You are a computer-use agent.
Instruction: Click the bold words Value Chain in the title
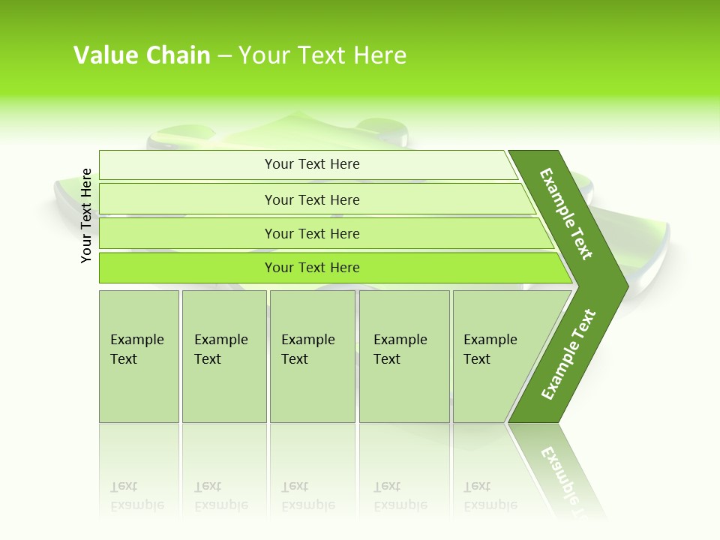coord(142,55)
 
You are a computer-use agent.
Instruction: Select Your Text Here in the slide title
coord(322,55)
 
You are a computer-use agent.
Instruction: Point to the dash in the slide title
coord(224,56)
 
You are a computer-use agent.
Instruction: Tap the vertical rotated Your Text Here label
coord(86,215)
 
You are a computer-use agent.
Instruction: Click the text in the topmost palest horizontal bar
coord(312,164)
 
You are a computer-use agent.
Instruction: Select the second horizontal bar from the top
coord(312,199)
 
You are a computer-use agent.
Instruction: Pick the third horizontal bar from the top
coord(312,234)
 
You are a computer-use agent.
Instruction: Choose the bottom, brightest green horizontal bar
coord(312,268)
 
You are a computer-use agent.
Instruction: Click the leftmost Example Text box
coord(139,356)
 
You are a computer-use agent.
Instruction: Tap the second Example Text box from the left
coord(223,356)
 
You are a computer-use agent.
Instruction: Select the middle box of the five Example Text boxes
coord(312,356)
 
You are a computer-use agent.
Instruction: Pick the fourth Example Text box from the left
coord(403,356)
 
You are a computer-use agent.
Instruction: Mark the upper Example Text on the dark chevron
coord(566,214)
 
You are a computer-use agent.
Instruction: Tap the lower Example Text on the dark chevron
coord(568,354)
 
